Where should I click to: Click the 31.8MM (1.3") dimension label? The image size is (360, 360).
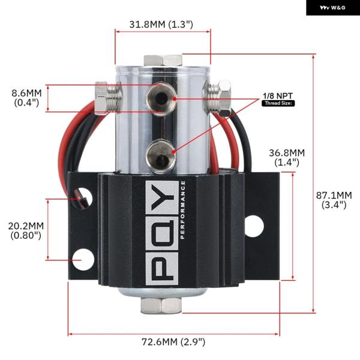[161, 25]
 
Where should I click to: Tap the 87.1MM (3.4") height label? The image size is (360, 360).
[334, 200]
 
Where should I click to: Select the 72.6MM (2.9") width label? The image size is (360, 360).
[173, 342]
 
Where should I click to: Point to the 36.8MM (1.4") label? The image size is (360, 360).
[287, 157]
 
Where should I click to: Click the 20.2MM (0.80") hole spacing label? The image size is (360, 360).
[26, 231]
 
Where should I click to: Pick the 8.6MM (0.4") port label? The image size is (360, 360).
[26, 98]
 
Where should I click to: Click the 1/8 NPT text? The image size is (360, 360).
[278, 96]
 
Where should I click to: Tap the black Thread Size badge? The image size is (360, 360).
[278, 103]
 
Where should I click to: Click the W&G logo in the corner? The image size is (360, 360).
[333, 8]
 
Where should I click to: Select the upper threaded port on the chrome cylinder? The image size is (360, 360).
[161, 99]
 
